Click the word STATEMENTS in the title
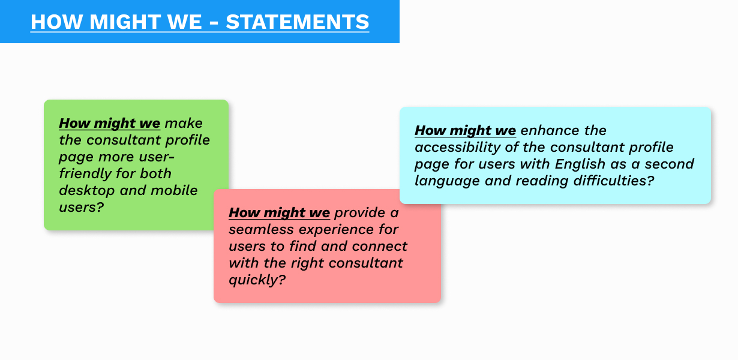coord(297,22)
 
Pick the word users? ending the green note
coord(82,208)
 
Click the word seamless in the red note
coord(261,230)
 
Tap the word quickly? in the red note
coord(257,280)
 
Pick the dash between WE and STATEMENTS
coord(214,22)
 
